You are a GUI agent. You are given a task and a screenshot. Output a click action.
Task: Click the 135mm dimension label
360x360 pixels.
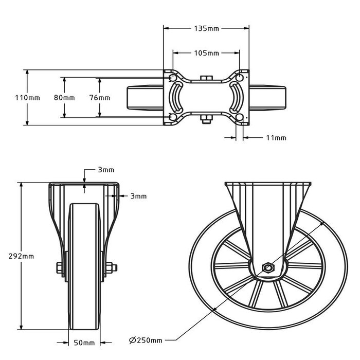[x=206, y=28]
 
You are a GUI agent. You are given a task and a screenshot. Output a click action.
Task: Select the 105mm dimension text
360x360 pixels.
[x=207, y=53]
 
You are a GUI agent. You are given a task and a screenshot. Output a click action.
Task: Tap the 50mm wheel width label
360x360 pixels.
[x=85, y=343]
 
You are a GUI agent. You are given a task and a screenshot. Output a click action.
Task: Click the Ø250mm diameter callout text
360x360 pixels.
[x=146, y=340]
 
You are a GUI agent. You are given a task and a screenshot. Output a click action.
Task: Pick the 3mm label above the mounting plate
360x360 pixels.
[x=106, y=170]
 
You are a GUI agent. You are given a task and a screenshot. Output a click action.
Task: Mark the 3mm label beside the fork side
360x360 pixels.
[x=138, y=196]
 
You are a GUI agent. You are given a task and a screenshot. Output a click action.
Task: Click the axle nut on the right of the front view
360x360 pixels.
[x=113, y=267]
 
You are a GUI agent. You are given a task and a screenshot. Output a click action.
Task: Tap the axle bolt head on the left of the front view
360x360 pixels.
[x=58, y=267]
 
